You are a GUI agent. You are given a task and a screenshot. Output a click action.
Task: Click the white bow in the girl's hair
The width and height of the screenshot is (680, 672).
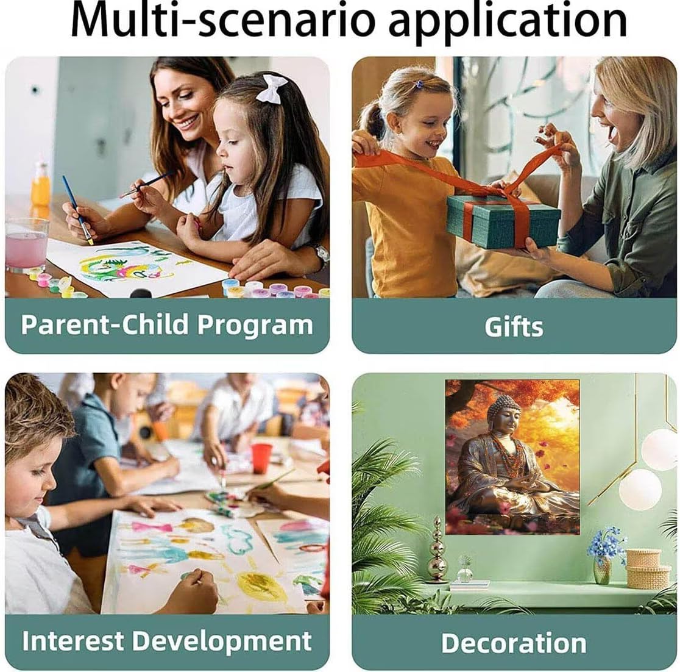pos(271,88)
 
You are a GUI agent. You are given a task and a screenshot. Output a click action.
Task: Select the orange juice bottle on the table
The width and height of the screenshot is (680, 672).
pos(41,185)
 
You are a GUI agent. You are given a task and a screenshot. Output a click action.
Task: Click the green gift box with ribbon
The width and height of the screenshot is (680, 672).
pos(503,220)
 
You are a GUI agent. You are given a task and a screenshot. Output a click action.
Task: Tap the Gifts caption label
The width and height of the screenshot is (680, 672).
pos(514,327)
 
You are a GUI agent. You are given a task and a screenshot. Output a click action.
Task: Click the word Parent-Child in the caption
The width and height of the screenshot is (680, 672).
pos(105,324)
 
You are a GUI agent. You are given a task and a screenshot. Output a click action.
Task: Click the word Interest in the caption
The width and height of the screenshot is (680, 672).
pos(73,641)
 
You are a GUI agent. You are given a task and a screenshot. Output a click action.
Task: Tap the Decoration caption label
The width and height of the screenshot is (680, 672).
pos(514,643)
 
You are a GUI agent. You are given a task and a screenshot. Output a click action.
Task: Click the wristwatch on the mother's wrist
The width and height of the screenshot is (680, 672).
pos(321,256)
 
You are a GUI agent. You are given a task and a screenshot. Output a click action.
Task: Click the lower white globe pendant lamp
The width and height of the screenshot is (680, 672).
pos(640,489)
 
